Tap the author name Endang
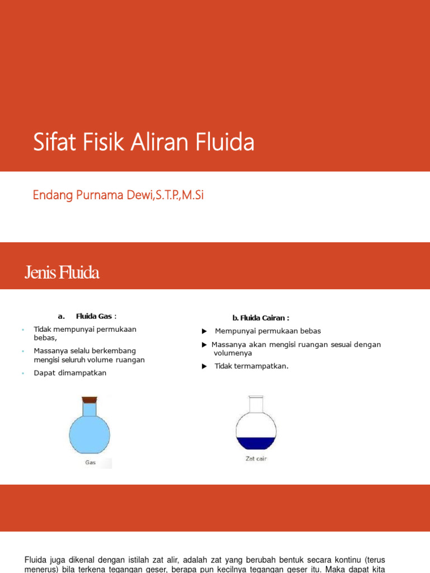[50, 195]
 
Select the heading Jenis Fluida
[62, 273]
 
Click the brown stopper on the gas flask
[89, 400]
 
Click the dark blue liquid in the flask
[256, 443]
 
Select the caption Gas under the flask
[90, 463]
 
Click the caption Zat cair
[256, 459]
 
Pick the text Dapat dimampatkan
[70, 373]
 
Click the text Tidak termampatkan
[251, 366]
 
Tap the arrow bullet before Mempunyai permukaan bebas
[205, 331]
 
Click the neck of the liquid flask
[256, 406]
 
